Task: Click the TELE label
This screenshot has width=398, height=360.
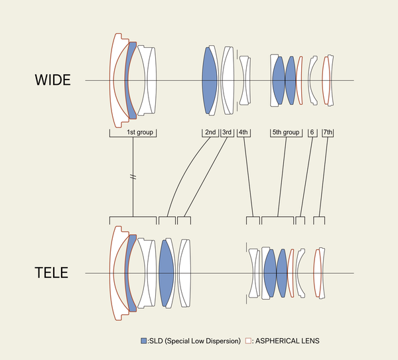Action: (51, 272)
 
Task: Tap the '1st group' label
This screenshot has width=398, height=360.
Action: (141, 133)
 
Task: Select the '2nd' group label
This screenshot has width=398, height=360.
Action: (210, 133)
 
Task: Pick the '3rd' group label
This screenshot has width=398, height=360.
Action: (227, 133)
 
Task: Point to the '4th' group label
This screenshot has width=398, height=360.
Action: (243, 133)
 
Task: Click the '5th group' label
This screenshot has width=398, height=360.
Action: (286, 133)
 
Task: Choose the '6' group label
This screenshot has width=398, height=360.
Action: (311, 133)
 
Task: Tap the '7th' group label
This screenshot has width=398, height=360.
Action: (328, 133)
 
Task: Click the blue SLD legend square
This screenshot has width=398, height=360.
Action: (144, 341)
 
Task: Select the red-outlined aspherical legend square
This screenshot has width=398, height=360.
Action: (248, 341)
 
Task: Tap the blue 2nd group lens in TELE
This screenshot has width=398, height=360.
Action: (166, 272)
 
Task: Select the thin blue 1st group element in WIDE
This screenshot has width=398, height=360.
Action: (132, 80)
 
